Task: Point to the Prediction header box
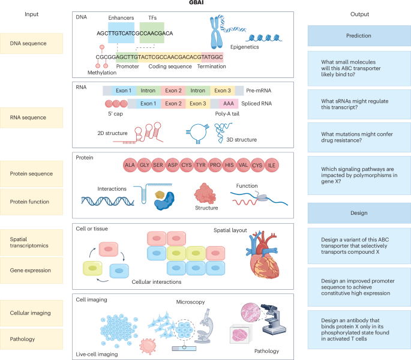coord(359,35)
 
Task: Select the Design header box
coord(359,212)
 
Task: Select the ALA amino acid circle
coord(130,164)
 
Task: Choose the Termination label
coord(211,67)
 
